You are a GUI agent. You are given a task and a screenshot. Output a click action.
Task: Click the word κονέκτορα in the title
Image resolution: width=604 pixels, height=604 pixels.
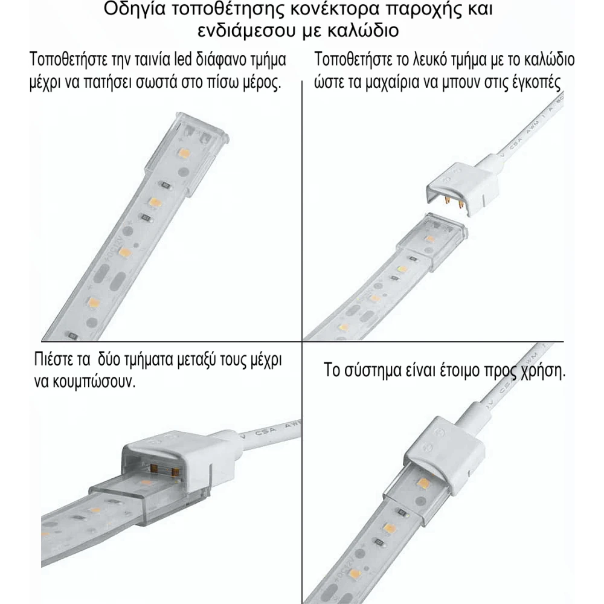point(324,10)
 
